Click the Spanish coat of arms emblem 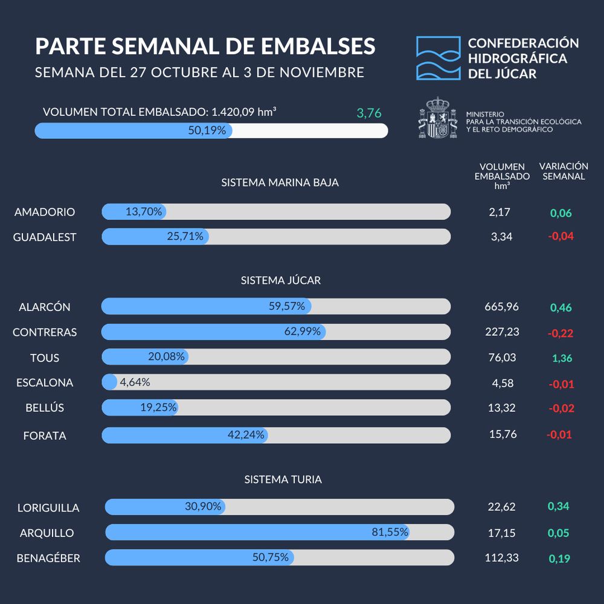pos(438,117)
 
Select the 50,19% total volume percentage pos(207,130)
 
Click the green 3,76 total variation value pos(369,113)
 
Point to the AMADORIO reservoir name pos(45,212)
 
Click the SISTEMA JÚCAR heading pos(281,280)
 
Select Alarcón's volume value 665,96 pos(501,306)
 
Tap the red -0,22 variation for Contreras pos(560,333)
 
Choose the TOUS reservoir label pos(45,358)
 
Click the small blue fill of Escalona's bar pos(109,382)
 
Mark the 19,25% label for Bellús pos(158,408)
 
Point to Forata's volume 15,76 pos(502,434)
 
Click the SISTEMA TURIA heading pos(283,480)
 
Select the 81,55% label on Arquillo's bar pos(390,532)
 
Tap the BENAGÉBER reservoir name pos(48,558)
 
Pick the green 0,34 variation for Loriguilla pos(558,506)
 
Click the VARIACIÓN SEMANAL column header pos(564,171)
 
